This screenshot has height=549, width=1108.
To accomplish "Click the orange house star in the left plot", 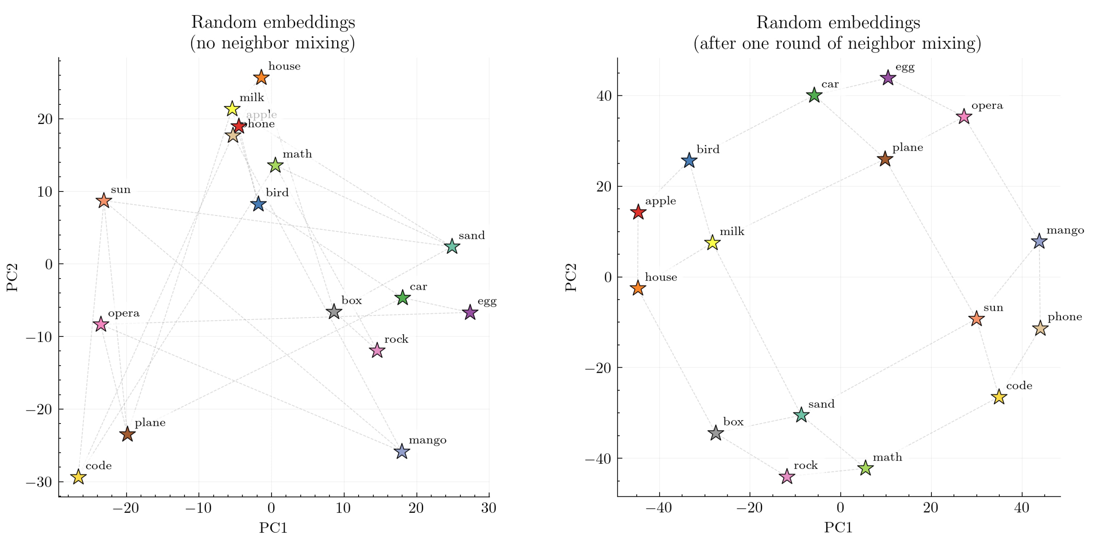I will pyautogui.click(x=261, y=78).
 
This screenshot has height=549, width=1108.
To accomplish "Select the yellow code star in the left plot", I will pyautogui.click(x=78, y=477).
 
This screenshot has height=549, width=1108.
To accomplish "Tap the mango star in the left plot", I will pyautogui.click(x=401, y=451).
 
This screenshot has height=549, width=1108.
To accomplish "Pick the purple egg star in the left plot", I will pyautogui.click(x=470, y=312).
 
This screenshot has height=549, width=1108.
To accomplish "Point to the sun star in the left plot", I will pyautogui.click(x=104, y=201).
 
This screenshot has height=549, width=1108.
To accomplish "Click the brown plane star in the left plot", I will pyautogui.click(x=127, y=434).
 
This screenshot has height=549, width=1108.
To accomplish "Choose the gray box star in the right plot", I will pyautogui.click(x=715, y=433).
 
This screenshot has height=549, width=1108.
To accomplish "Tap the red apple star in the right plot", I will pyautogui.click(x=638, y=212).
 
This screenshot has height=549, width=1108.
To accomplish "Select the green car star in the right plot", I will pyautogui.click(x=814, y=95).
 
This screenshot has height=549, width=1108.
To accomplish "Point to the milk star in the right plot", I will pyautogui.click(x=712, y=243).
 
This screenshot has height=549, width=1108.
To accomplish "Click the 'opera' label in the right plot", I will pyautogui.click(x=987, y=106).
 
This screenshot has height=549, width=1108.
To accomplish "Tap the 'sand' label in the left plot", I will pyautogui.click(x=471, y=236).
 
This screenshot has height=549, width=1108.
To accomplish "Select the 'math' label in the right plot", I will pyautogui.click(x=887, y=457).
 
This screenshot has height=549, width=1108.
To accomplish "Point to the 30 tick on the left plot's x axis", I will pyautogui.click(x=489, y=508).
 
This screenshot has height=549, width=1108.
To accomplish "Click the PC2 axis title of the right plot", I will pyautogui.click(x=571, y=277).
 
